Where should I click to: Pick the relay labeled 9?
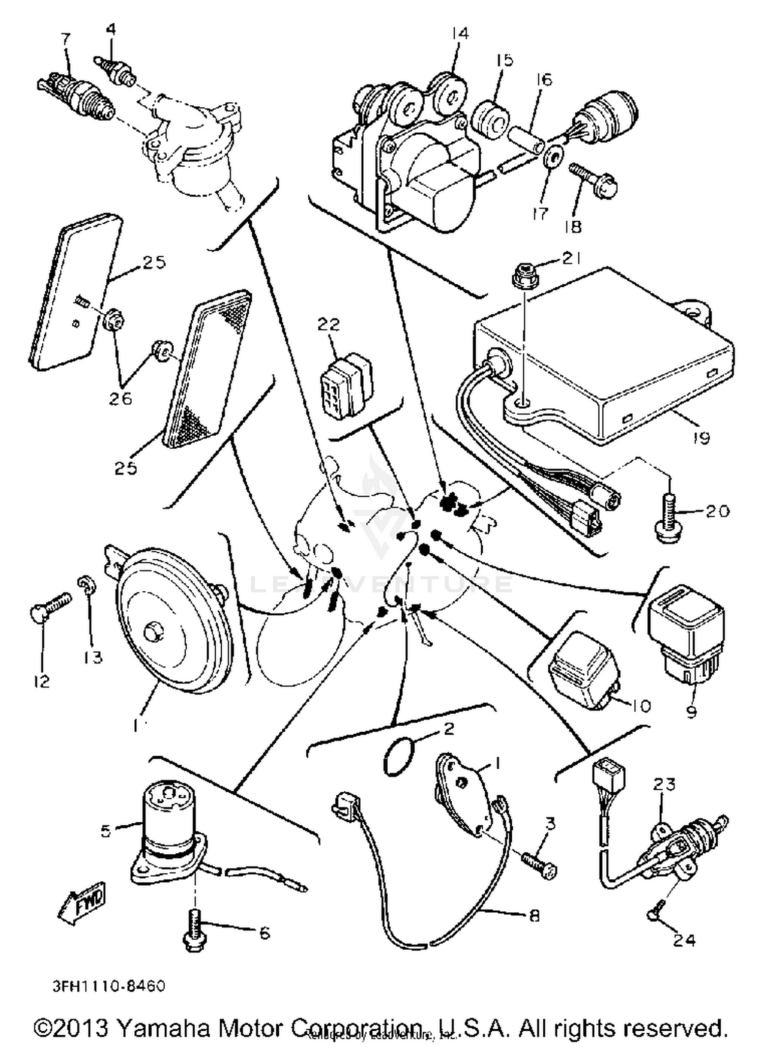pos(685,639)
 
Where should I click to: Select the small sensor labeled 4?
pos(116,72)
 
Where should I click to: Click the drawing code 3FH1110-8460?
pos(109,986)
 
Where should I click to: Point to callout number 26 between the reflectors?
pos(121,398)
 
